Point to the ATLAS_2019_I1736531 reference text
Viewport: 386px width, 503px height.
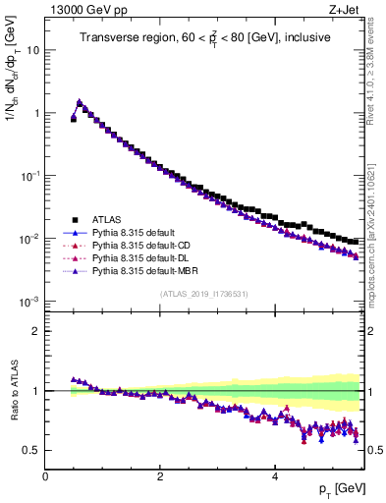(x=203, y=295)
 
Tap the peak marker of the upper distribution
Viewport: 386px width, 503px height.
(x=80, y=102)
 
